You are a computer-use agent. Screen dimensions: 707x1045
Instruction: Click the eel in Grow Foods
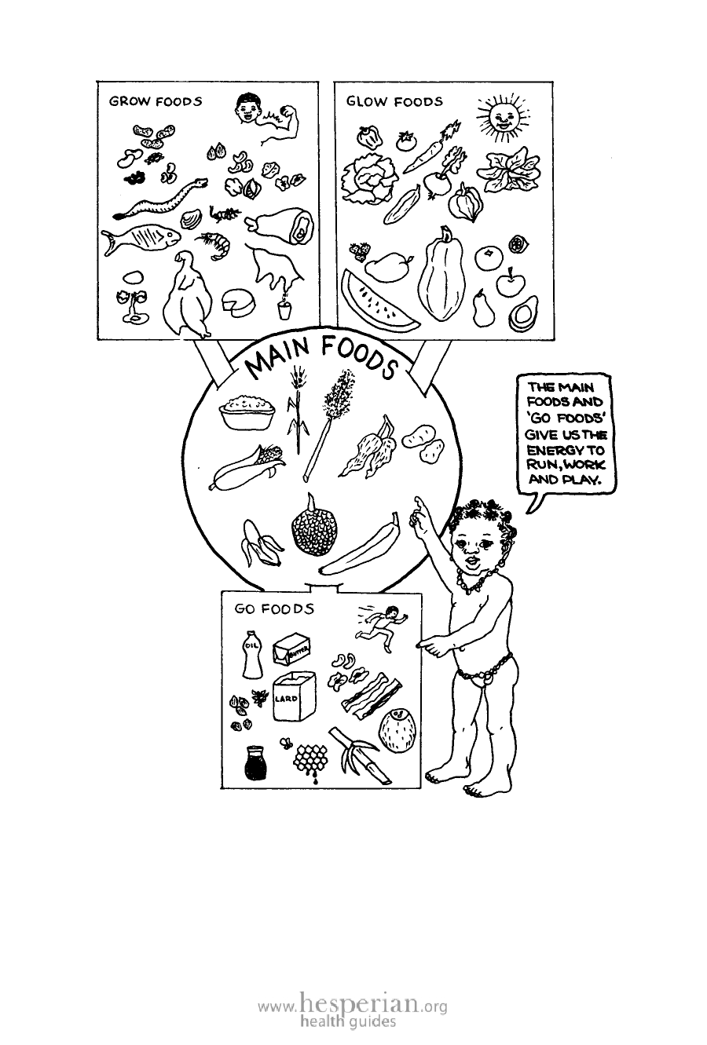tap(159, 199)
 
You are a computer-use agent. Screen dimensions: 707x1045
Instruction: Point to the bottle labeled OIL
tap(252, 654)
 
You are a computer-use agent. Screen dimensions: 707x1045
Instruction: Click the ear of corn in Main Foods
tap(247, 467)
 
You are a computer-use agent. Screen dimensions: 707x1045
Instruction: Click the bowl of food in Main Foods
tap(247, 411)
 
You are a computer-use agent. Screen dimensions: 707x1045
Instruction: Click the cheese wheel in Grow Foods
tap(239, 304)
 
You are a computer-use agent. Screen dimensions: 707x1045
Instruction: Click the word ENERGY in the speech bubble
tap(564, 450)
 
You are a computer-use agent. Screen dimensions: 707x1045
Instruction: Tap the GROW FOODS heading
tap(156, 101)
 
